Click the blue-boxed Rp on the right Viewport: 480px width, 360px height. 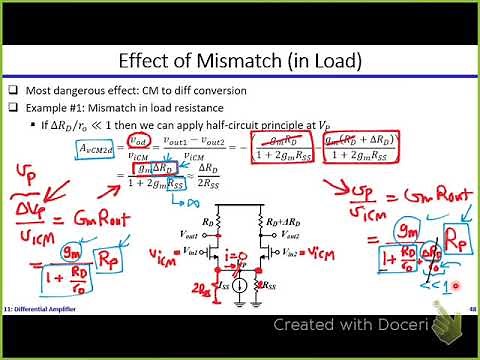tap(437, 240)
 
